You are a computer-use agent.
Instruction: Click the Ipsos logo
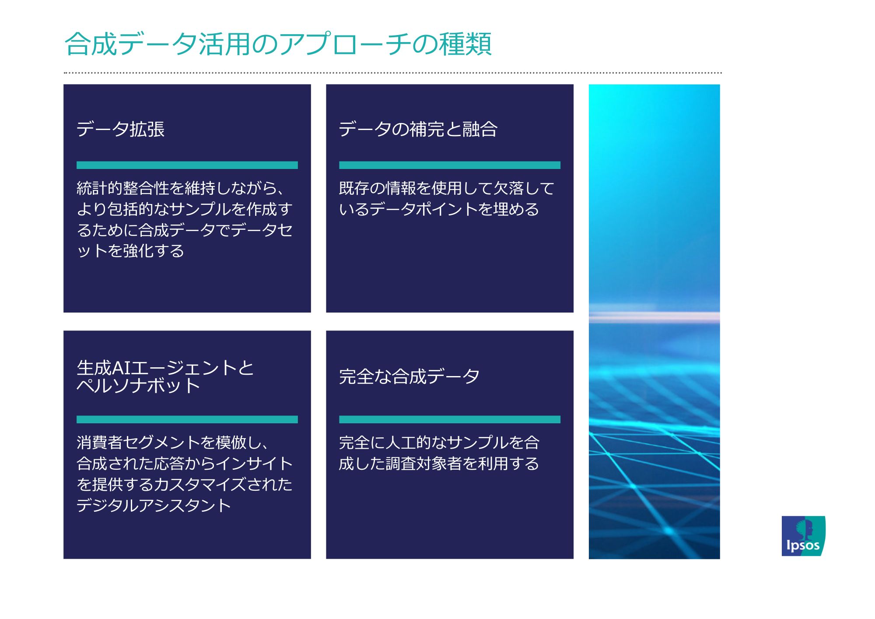click(x=803, y=536)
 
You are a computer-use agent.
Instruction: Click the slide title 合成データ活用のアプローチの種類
click(x=278, y=44)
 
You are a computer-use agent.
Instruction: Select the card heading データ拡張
click(x=120, y=129)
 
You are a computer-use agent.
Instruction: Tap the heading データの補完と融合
click(x=418, y=129)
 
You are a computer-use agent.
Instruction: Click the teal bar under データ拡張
click(x=187, y=165)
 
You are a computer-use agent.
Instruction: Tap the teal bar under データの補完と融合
click(x=449, y=165)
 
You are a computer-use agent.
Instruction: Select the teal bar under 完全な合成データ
click(x=449, y=419)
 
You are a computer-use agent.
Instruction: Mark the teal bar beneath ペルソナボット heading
click(x=187, y=419)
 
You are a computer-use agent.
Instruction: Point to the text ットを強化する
click(x=130, y=251)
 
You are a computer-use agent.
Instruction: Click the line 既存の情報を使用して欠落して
click(x=446, y=188)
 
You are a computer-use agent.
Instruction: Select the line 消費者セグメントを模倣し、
click(x=173, y=443)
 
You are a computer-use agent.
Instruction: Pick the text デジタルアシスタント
click(x=154, y=506)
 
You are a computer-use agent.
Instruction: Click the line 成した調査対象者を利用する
click(x=439, y=464)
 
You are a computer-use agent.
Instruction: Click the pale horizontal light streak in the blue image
click(x=654, y=317)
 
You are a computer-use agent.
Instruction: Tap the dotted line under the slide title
click(x=392, y=73)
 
